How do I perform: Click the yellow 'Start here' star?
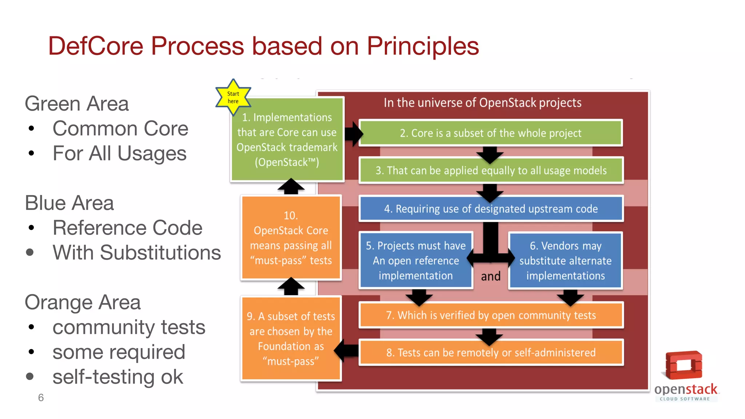233,97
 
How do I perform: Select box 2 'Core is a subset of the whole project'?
490,133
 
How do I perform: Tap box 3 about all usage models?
491,171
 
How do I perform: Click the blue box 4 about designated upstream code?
491,209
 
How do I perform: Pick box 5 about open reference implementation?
416,260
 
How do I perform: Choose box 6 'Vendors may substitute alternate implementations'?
565,260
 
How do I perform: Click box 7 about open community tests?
491,315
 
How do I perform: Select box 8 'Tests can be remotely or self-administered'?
491,352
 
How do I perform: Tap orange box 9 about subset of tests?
291,338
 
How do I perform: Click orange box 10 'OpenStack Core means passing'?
291,238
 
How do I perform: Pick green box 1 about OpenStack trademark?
287,140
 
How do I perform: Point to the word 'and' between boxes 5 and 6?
491,276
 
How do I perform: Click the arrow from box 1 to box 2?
353,134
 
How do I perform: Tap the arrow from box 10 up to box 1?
291,187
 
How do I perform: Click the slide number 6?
41,398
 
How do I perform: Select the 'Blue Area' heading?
69,203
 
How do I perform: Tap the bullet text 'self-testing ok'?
117,377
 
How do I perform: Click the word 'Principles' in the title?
423,46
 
